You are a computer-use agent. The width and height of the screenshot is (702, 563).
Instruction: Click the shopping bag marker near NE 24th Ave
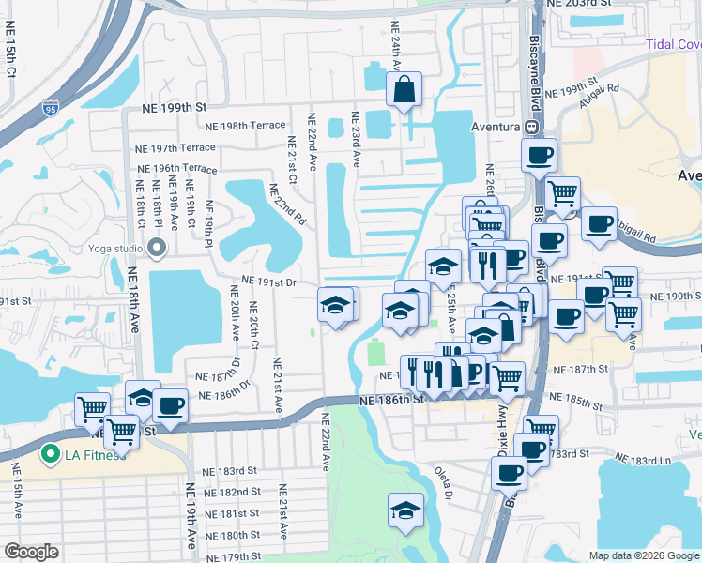404,91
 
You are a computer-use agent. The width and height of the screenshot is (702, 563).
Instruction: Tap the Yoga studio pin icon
156,248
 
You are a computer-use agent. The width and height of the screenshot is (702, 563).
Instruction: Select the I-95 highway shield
50,109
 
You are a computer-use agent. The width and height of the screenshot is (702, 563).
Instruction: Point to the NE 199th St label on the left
175,108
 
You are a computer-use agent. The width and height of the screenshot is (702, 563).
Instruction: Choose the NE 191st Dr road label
268,281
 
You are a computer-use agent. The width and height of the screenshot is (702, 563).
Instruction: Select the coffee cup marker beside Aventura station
539,157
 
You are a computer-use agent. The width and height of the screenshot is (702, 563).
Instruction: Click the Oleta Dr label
443,484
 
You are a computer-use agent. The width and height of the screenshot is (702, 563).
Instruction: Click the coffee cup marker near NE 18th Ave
169,406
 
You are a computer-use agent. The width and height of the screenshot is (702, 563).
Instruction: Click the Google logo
32,552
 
